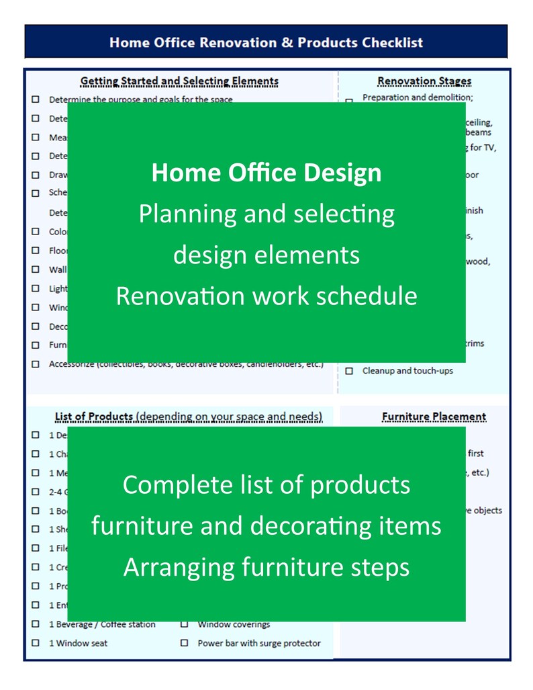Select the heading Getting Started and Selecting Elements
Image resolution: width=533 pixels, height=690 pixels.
click(x=179, y=81)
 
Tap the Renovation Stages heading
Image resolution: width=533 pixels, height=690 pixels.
click(x=424, y=81)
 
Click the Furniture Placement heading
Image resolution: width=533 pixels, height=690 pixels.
click(x=434, y=417)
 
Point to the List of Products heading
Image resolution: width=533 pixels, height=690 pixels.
click(x=94, y=417)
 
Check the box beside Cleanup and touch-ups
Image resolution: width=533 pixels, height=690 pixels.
click(x=349, y=371)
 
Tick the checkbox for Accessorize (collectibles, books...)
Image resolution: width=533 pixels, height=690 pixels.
click(x=35, y=364)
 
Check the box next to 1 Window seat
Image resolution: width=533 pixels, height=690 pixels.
click(x=35, y=643)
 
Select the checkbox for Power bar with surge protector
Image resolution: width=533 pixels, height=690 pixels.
click(x=184, y=643)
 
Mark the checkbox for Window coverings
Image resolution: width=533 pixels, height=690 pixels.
click(x=184, y=624)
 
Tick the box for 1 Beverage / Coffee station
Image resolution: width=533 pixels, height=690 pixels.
click(x=35, y=624)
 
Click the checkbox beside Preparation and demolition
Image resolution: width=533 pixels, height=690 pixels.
click(x=349, y=101)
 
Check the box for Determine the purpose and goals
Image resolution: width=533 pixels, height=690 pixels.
click(x=35, y=99)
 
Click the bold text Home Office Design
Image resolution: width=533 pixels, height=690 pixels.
click(x=266, y=173)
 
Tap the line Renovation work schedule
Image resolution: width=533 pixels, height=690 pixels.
click(x=266, y=296)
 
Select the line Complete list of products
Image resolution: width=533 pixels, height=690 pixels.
click(x=266, y=484)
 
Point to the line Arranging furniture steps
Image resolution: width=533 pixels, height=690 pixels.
click(x=266, y=567)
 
